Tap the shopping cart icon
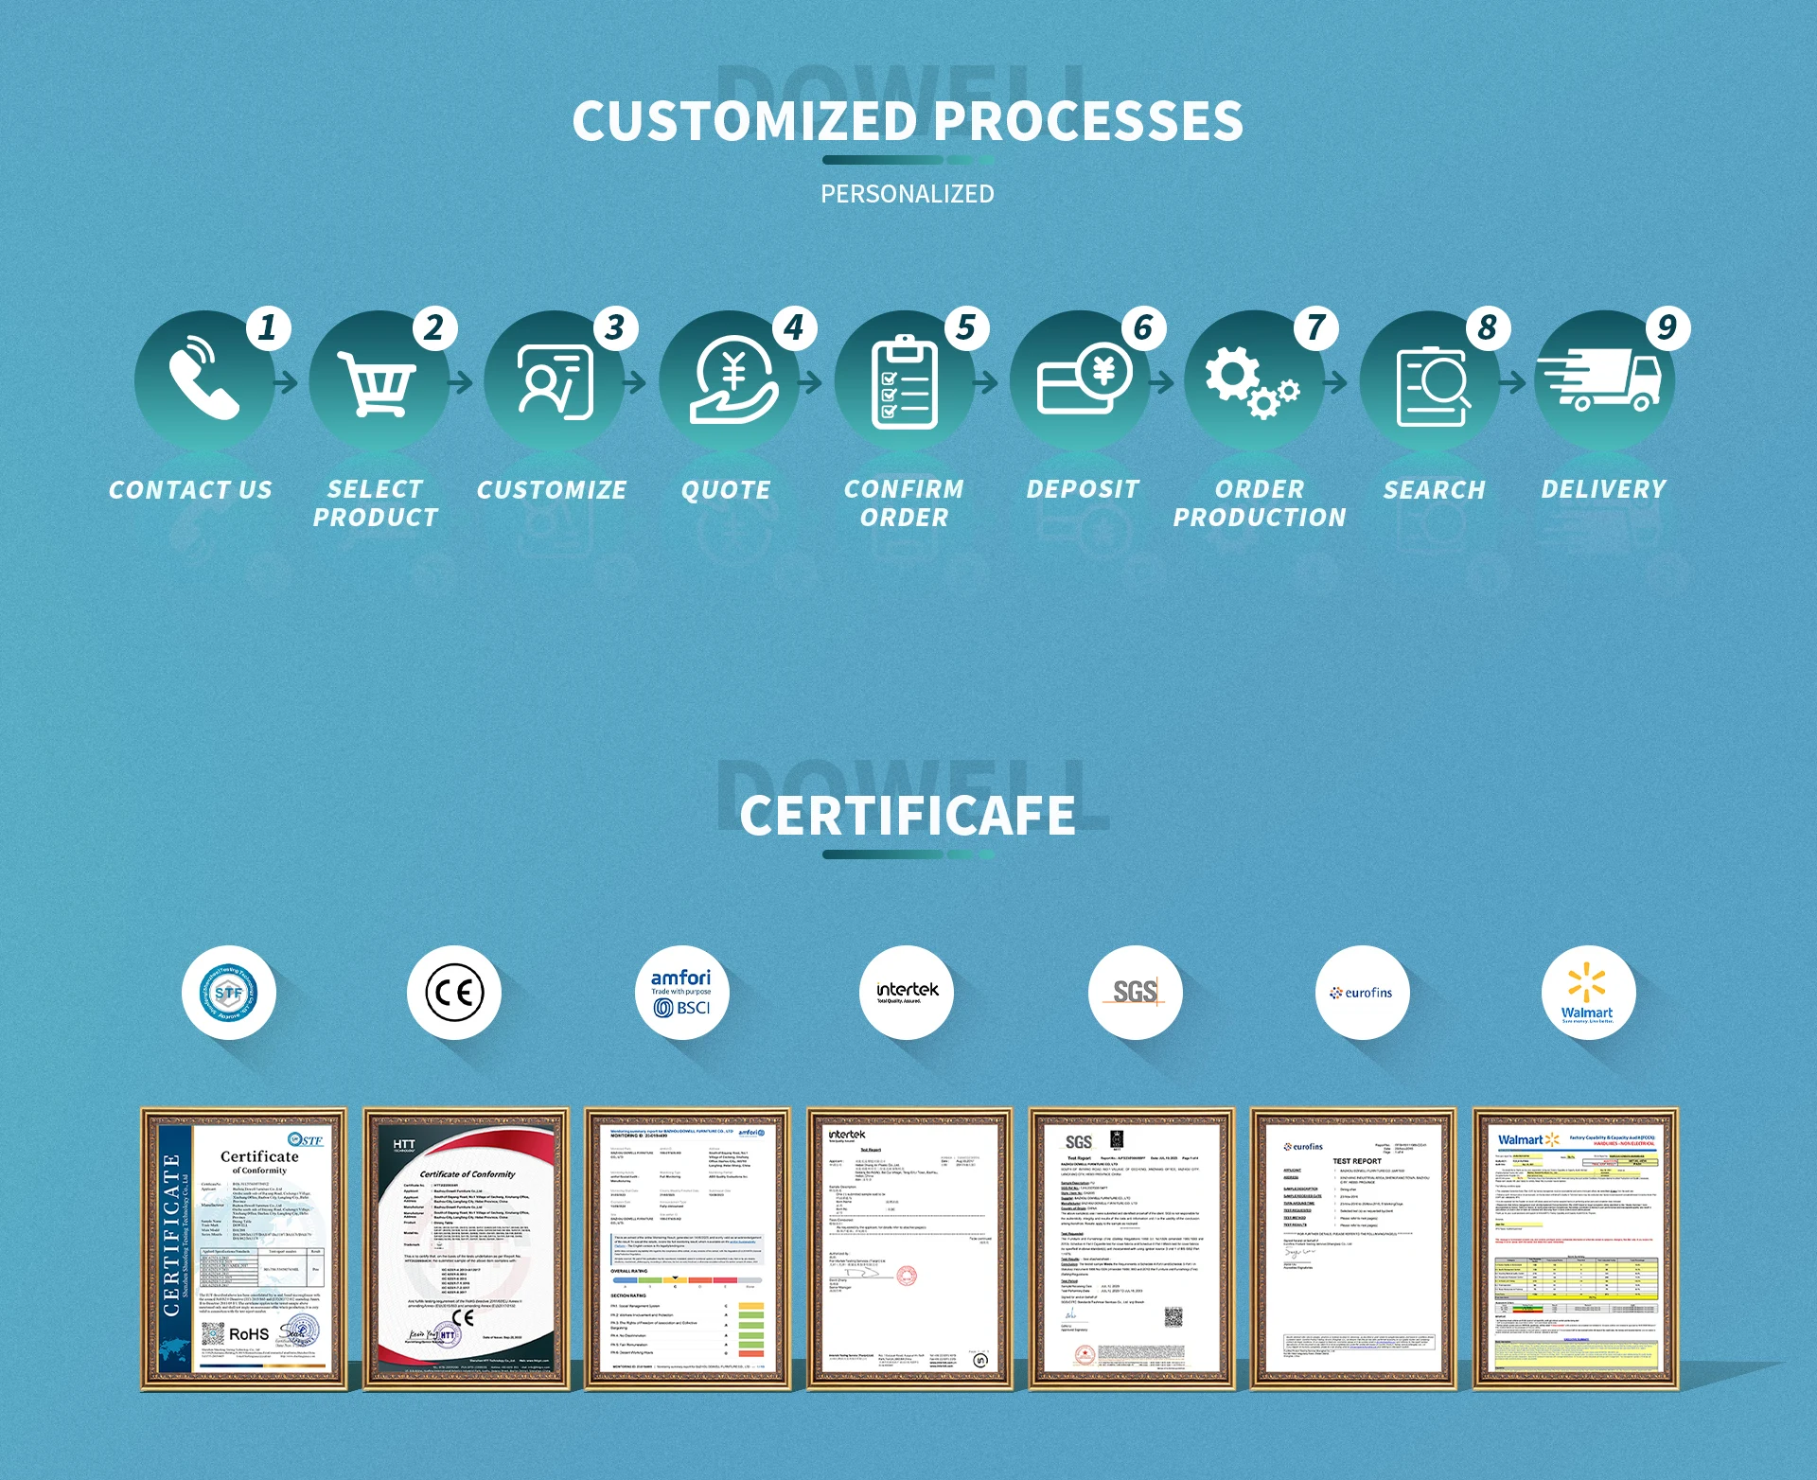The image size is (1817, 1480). (x=377, y=383)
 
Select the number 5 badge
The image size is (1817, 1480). (x=966, y=327)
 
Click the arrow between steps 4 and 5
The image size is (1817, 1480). (x=810, y=382)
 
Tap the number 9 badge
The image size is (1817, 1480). (x=1667, y=327)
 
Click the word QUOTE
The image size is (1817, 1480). (x=726, y=490)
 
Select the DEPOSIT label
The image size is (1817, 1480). (x=1083, y=489)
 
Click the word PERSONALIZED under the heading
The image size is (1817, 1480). (x=907, y=194)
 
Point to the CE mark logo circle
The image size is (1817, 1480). (x=454, y=993)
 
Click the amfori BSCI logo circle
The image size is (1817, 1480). (x=681, y=993)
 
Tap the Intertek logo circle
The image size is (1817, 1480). (x=908, y=993)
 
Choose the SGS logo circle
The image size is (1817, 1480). (x=1135, y=993)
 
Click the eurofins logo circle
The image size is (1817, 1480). (x=1362, y=993)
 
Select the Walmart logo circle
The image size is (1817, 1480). (x=1588, y=993)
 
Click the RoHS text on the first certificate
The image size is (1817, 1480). (x=249, y=1334)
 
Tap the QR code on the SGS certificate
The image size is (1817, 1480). (x=1173, y=1316)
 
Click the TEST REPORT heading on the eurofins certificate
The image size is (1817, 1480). (x=1356, y=1161)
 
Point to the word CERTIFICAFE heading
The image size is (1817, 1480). (x=908, y=816)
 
